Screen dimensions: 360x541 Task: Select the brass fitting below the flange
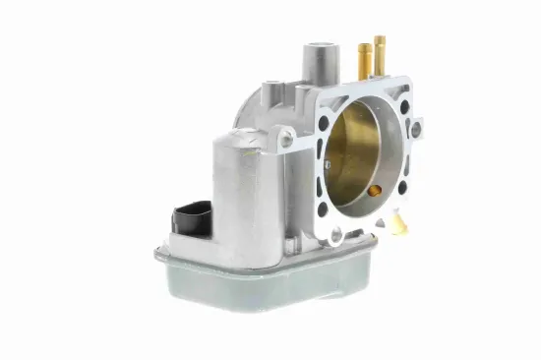(395, 223)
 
